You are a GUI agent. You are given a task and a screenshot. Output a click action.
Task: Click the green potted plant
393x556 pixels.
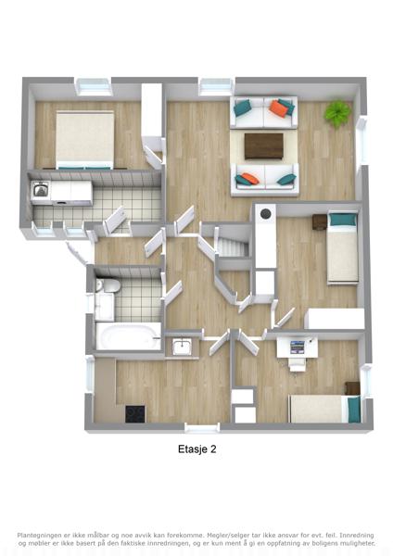pyautogui.click(x=338, y=113)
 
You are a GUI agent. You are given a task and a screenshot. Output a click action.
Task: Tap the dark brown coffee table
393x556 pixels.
pyautogui.click(x=264, y=146)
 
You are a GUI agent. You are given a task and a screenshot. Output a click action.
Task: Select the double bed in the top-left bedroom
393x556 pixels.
pyautogui.click(x=84, y=140)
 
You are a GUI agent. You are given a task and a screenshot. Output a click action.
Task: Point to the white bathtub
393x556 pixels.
pyautogui.click(x=128, y=336)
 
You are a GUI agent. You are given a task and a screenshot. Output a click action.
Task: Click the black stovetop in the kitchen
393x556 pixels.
pyautogui.click(x=135, y=414)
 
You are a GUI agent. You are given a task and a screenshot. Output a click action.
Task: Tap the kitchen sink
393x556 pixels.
pyautogui.click(x=182, y=347)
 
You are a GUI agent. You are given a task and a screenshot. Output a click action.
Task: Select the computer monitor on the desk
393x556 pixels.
pyautogui.click(x=298, y=347)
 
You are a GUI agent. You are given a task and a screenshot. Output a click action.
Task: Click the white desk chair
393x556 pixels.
pyautogui.click(x=297, y=365)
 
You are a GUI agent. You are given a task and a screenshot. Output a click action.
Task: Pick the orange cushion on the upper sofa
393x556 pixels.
pyautogui.click(x=278, y=108)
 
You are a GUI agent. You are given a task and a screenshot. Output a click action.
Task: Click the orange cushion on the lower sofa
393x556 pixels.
pyautogui.click(x=249, y=178)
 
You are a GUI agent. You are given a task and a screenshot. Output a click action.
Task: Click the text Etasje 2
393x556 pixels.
pyautogui.click(x=197, y=449)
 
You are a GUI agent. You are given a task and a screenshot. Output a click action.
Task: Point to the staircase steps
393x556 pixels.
pyautogui.click(x=232, y=246)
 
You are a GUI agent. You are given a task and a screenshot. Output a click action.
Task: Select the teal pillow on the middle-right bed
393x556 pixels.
pyautogui.click(x=343, y=220)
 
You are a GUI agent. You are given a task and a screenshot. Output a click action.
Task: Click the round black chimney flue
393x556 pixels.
pyautogui.click(x=266, y=214)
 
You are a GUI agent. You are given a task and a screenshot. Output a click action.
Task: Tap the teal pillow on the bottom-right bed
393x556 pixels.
pyautogui.click(x=354, y=410)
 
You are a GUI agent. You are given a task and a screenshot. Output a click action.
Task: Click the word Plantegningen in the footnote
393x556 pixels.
pyautogui.click(x=39, y=536)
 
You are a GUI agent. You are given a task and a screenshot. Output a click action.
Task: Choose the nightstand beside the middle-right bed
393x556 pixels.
pyautogui.click(x=320, y=222)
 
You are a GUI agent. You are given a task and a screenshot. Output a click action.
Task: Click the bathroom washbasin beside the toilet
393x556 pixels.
pyautogui.click(x=104, y=307)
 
